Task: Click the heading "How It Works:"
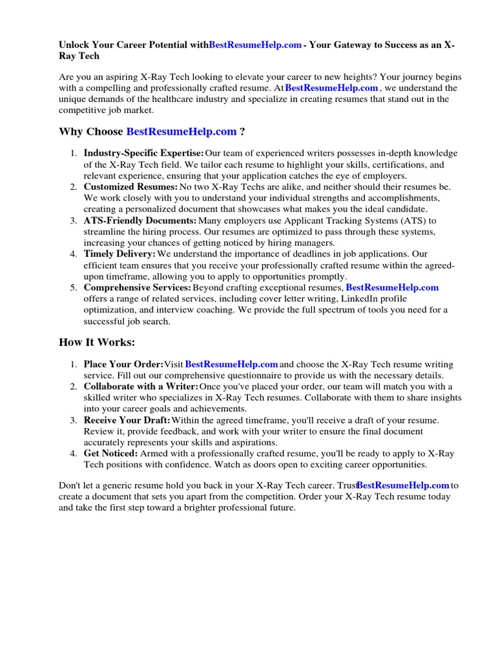(97, 342)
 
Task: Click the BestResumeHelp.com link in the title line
(255, 45)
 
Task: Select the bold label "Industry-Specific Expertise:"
(143, 153)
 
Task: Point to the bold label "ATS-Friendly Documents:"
(135, 220)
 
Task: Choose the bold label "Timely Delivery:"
(119, 254)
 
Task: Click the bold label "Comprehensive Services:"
(137, 287)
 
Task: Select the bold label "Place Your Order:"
(123, 365)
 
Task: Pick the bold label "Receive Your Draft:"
(127, 420)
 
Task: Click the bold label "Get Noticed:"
(110, 454)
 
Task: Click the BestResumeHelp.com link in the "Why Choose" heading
(181, 132)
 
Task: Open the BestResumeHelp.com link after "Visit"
(232, 365)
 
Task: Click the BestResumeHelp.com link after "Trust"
(403, 485)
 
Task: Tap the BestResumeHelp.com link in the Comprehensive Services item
(392, 287)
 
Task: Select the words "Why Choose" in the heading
(91, 132)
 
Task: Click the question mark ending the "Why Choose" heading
(242, 132)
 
